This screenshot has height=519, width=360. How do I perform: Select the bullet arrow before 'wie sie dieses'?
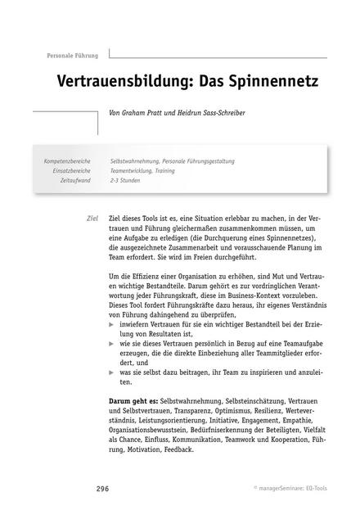[112, 345]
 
